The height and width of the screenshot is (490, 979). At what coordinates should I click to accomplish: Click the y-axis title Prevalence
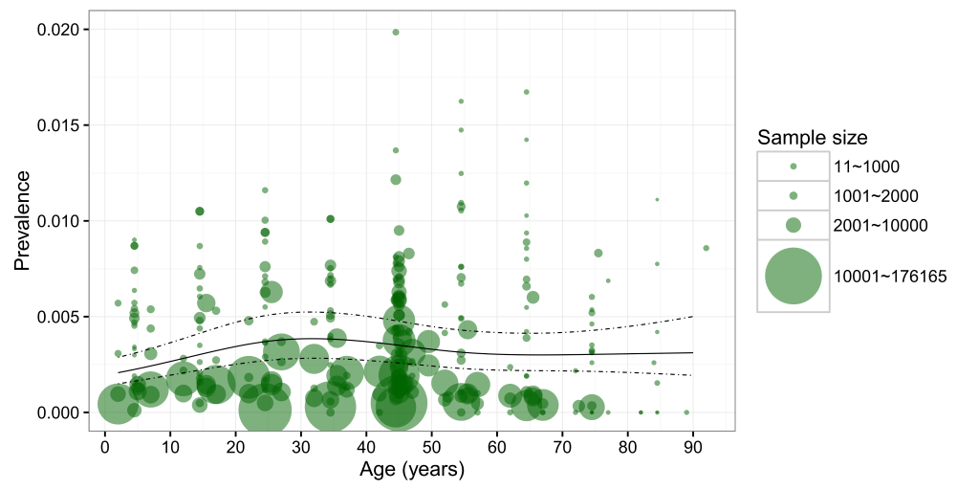pos(21,221)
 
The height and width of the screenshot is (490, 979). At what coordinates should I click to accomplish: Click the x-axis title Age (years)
pos(411,470)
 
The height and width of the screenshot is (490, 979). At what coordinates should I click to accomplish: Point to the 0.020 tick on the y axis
pos(57,30)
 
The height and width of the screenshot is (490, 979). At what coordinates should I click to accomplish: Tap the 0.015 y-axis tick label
pos(57,125)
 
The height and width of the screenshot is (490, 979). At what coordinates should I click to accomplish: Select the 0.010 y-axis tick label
pos(57,221)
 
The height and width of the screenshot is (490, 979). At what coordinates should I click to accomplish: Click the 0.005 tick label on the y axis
pos(57,317)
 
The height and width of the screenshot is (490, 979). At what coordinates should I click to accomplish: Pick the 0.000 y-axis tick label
pos(57,412)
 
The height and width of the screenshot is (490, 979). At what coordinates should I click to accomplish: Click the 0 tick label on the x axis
pos(104,447)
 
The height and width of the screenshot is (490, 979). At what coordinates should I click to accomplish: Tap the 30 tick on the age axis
pos(300,447)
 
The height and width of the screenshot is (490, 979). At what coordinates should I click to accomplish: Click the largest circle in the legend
pos(793,277)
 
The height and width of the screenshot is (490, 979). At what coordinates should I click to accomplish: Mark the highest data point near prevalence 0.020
pos(396,33)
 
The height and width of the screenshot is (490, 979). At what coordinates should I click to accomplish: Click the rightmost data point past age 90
pos(706,248)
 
